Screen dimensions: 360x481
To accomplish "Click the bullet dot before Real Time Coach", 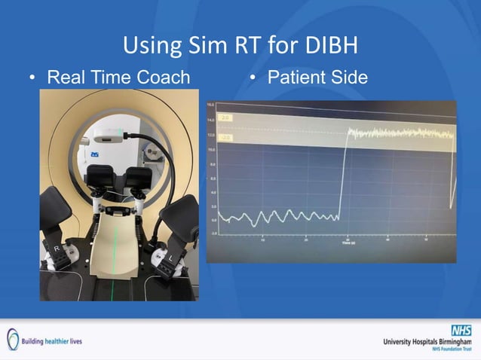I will click(x=32, y=78).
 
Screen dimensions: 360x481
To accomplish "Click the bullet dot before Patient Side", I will click(x=253, y=78).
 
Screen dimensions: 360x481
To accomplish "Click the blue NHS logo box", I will click(x=461, y=330).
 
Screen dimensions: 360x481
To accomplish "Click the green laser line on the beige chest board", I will click(x=115, y=249).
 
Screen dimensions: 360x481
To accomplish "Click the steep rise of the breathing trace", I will click(x=342, y=173).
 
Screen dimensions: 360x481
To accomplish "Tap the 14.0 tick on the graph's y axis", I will click(x=212, y=119).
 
